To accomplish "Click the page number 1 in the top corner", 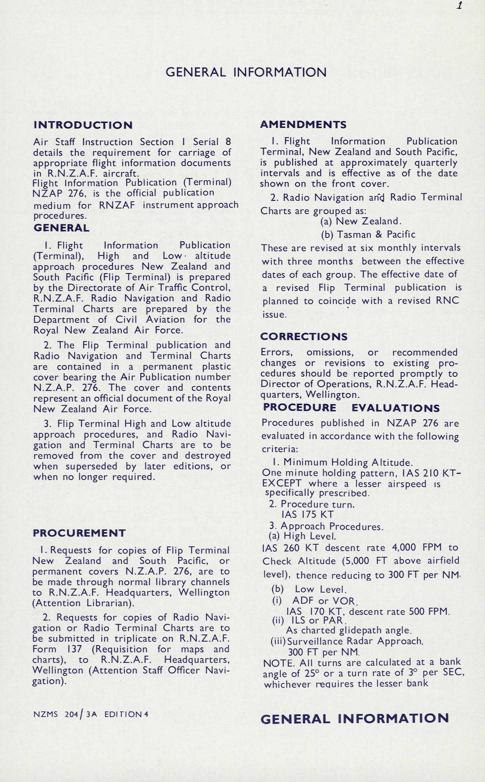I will click(459, 6).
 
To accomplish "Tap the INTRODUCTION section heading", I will click(83, 125).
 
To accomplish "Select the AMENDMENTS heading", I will click(303, 125).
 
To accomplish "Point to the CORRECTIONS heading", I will click(304, 336).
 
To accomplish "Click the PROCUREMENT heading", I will click(79, 533).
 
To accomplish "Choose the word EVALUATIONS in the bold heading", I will click(395, 408).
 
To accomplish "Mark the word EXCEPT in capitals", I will click(282, 484).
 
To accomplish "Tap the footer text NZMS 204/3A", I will click(65, 714).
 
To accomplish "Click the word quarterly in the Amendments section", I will click(436, 163).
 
